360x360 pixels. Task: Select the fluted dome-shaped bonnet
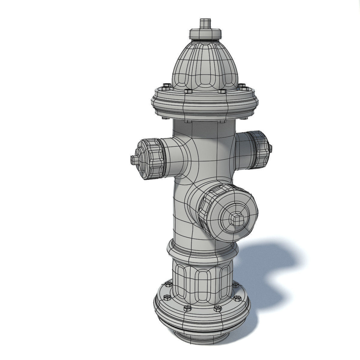coord(205,64)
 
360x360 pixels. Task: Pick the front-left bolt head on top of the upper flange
coord(188,91)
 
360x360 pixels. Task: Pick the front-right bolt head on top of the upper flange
coord(222,91)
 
